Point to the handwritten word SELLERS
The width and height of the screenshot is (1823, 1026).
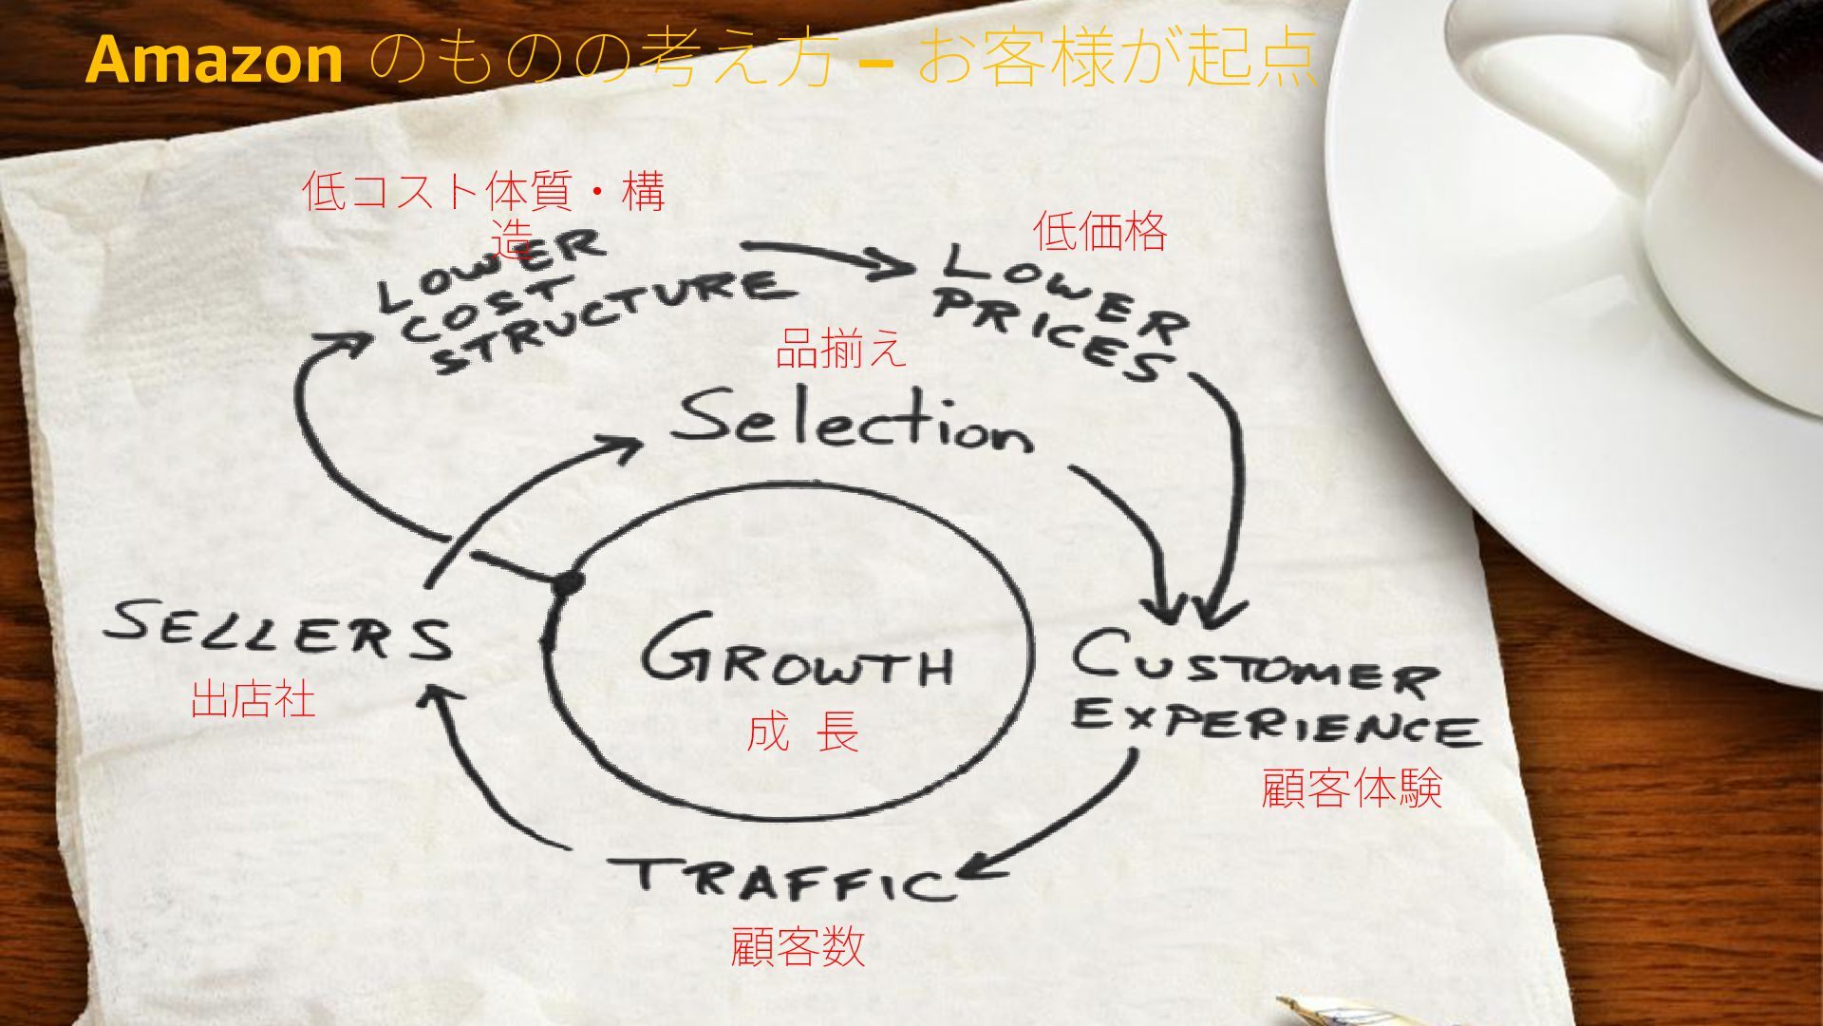(278, 630)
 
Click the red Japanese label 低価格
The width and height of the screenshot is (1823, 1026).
(1099, 232)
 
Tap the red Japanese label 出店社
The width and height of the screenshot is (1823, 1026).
(253, 699)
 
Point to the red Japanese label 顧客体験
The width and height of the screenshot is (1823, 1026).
(1351, 788)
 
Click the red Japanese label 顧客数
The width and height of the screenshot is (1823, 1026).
(798, 946)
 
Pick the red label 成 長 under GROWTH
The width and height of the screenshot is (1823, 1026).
(802, 732)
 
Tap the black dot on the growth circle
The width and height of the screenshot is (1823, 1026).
(568, 582)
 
